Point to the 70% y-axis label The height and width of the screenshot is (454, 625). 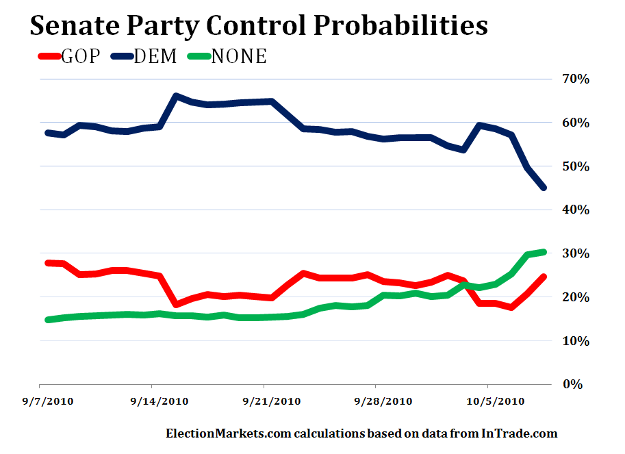click(x=576, y=79)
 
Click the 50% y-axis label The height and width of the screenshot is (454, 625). click(x=576, y=166)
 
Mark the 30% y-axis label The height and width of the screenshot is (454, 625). click(x=576, y=253)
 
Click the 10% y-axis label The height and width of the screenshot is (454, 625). click(x=576, y=341)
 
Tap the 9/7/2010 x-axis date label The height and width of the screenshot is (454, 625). click(x=49, y=401)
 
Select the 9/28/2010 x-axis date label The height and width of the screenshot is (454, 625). click(x=385, y=401)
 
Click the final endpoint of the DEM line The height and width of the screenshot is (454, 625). click(x=544, y=188)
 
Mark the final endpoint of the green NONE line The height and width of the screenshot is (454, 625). click(x=544, y=252)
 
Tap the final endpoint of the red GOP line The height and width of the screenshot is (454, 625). click(x=544, y=277)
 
